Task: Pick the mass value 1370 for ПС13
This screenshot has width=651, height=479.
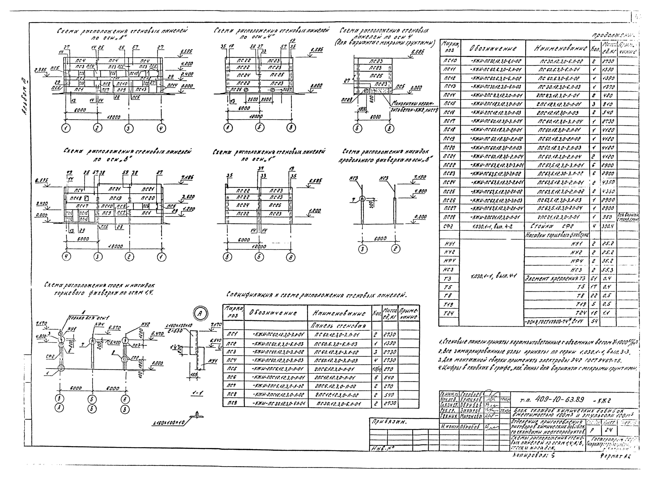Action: point(606,87)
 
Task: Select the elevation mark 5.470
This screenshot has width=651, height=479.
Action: point(158,334)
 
